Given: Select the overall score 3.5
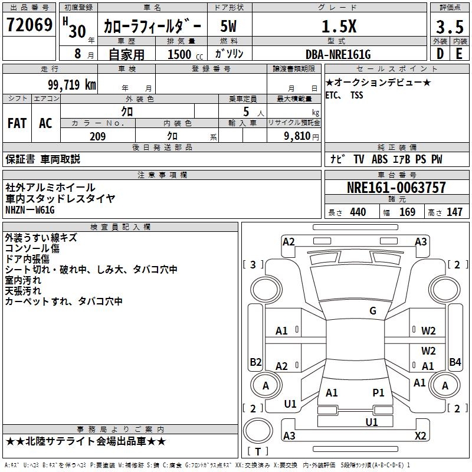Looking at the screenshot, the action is click(x=450, y=27).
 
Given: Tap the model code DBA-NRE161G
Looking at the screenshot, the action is click(x=338, y=54).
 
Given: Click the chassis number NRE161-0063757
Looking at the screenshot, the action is click(x=396, y=188).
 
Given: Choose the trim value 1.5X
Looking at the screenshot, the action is click(x=338, y=27).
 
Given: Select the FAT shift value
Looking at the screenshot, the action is click(x=17, y=123).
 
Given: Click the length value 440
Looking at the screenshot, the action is click(x=358, y=212).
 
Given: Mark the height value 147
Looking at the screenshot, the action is click(x=454, y=212).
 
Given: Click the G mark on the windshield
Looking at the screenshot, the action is click(x=372, y=311).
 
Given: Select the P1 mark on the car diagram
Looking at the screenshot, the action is click(x=378, y=392).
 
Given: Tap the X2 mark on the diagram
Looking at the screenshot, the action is click(x=420, y=435).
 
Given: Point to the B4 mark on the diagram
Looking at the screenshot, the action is click(x=455, y=362).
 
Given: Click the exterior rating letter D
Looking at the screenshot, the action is click(x=440, y=54).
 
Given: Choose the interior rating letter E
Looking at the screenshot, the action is click(x=459, y=54).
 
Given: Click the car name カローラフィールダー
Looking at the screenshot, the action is click(x=152, y=27).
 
